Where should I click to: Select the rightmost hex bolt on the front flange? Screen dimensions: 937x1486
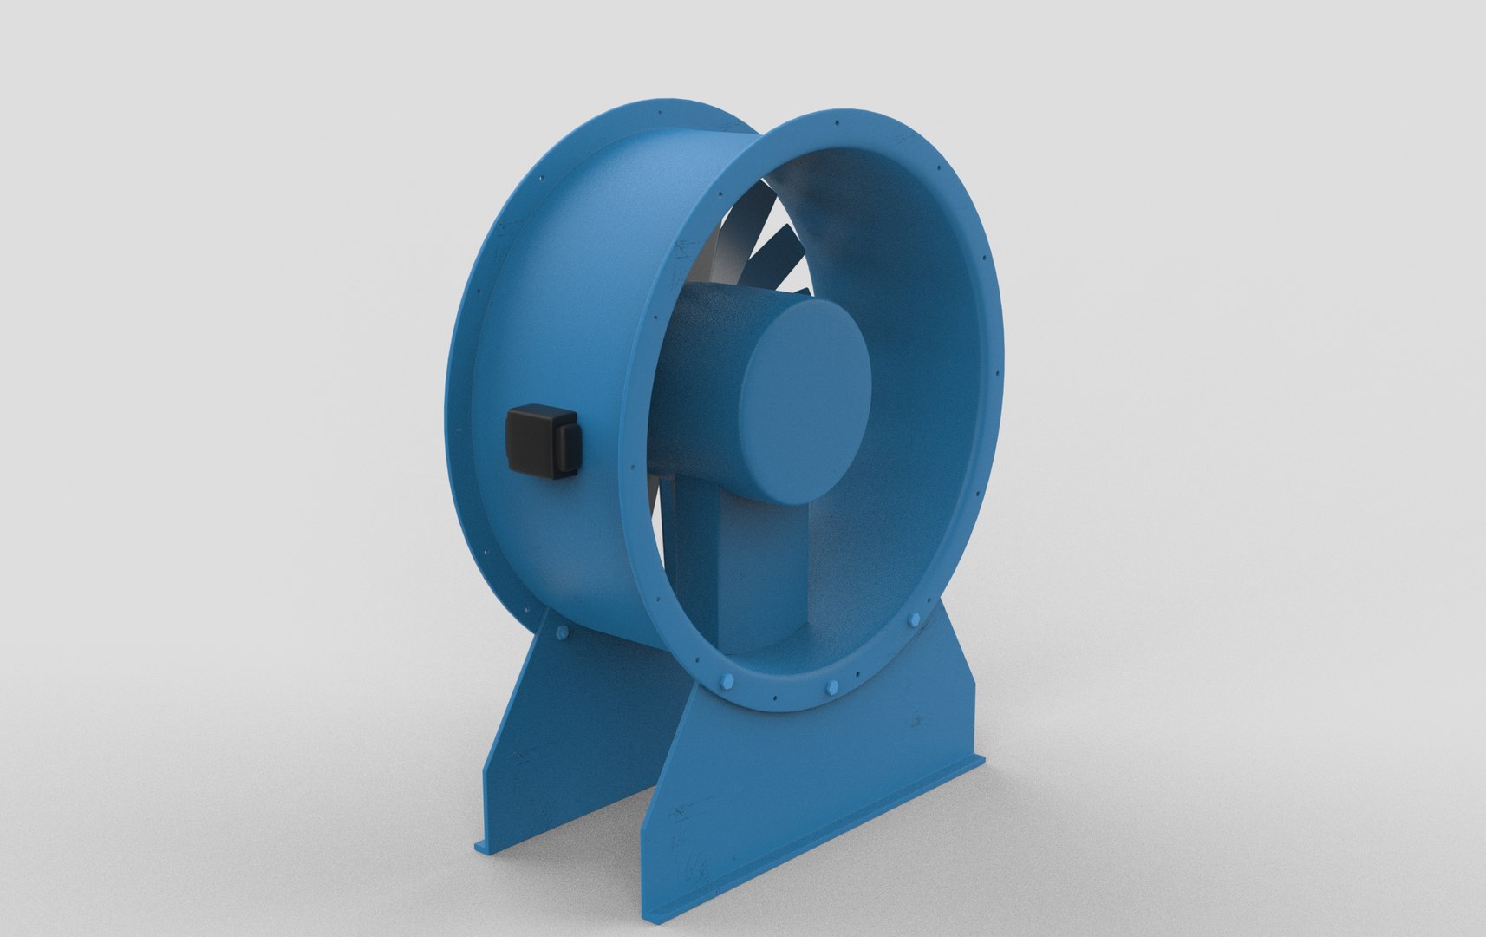pos(916,620)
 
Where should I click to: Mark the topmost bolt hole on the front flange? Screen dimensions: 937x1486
pos(838,123)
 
